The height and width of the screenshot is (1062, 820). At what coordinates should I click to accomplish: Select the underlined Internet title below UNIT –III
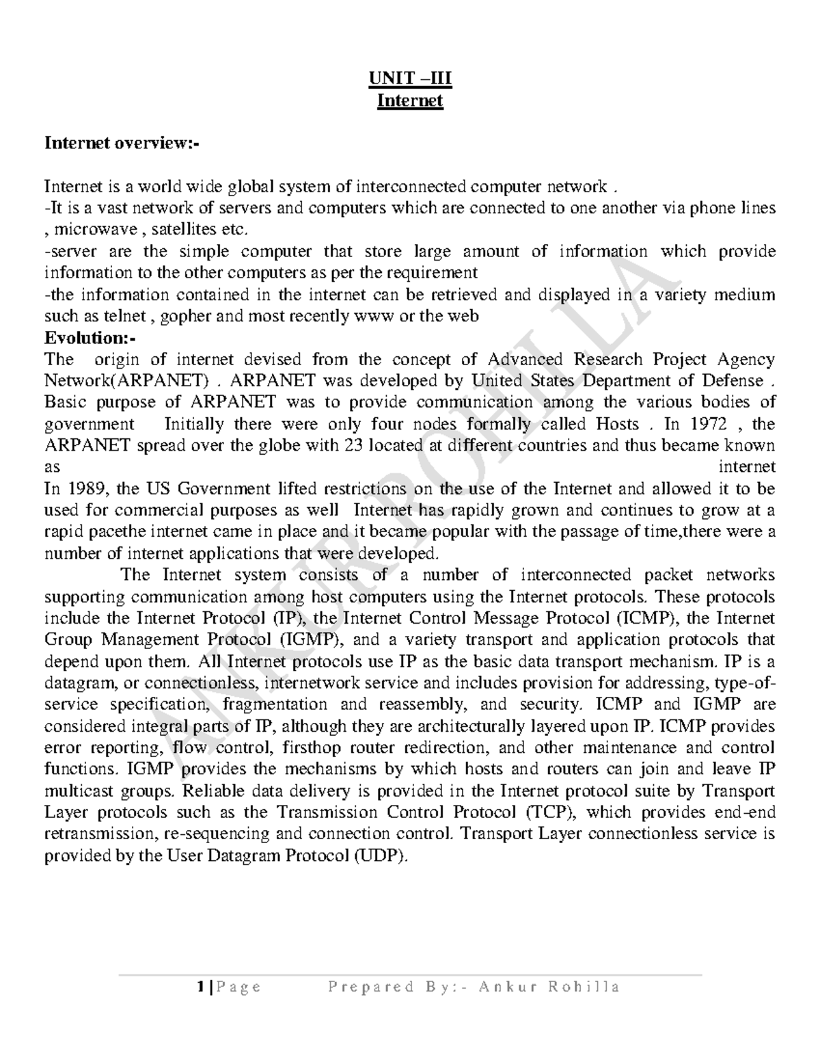click(411, 102)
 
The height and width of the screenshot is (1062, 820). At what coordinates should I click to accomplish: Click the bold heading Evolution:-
click(90, 338)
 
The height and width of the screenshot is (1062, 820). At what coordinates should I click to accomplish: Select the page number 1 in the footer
click(200, 987)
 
